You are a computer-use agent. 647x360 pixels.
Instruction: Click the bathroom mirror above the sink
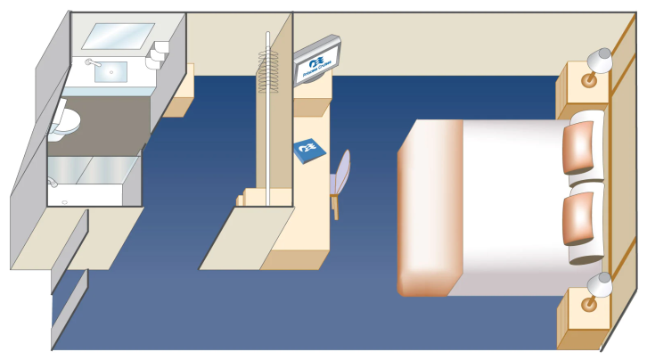click(x=118, y=36)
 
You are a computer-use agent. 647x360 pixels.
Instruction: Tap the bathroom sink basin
click(x=111, y=70)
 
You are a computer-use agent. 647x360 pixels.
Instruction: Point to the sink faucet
click(x=90, y=61)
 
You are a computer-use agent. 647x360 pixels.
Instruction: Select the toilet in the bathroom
click(x=65, y=122)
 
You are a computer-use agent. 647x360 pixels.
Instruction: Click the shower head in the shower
click(x=53, y=182)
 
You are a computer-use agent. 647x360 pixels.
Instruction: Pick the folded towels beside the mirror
click(x=159, y=52)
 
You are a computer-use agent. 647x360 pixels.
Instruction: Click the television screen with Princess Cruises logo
click(x=316, y=62)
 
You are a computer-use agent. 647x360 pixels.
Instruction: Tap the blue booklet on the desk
click(x=309, y=150)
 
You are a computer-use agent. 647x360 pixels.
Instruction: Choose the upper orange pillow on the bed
click(x=579, y=147)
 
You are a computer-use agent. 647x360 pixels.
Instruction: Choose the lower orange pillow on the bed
click(x=579, y=217)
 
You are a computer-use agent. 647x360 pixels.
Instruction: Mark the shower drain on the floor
click(x=65, y=202)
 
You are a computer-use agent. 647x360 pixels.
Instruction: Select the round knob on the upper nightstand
click(x=589, y=80)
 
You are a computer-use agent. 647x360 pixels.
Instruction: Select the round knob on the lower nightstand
click(x=589, y=305)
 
